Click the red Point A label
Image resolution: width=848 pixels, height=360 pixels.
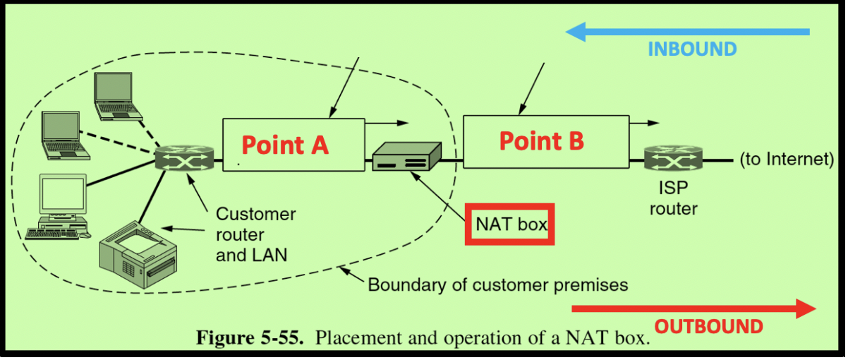[x=285, y=145]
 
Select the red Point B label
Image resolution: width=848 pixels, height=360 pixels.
[x=542, y=141]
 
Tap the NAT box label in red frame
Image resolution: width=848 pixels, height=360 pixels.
[x=510, y=224]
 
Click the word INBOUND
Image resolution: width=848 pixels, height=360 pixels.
[x=692, y=49]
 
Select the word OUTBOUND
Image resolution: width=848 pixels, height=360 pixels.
[x=709, y=327]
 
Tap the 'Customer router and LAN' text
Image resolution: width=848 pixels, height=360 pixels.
[x=255, y=234]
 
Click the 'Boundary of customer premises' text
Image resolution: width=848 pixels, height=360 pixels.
[x=498, y=285]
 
